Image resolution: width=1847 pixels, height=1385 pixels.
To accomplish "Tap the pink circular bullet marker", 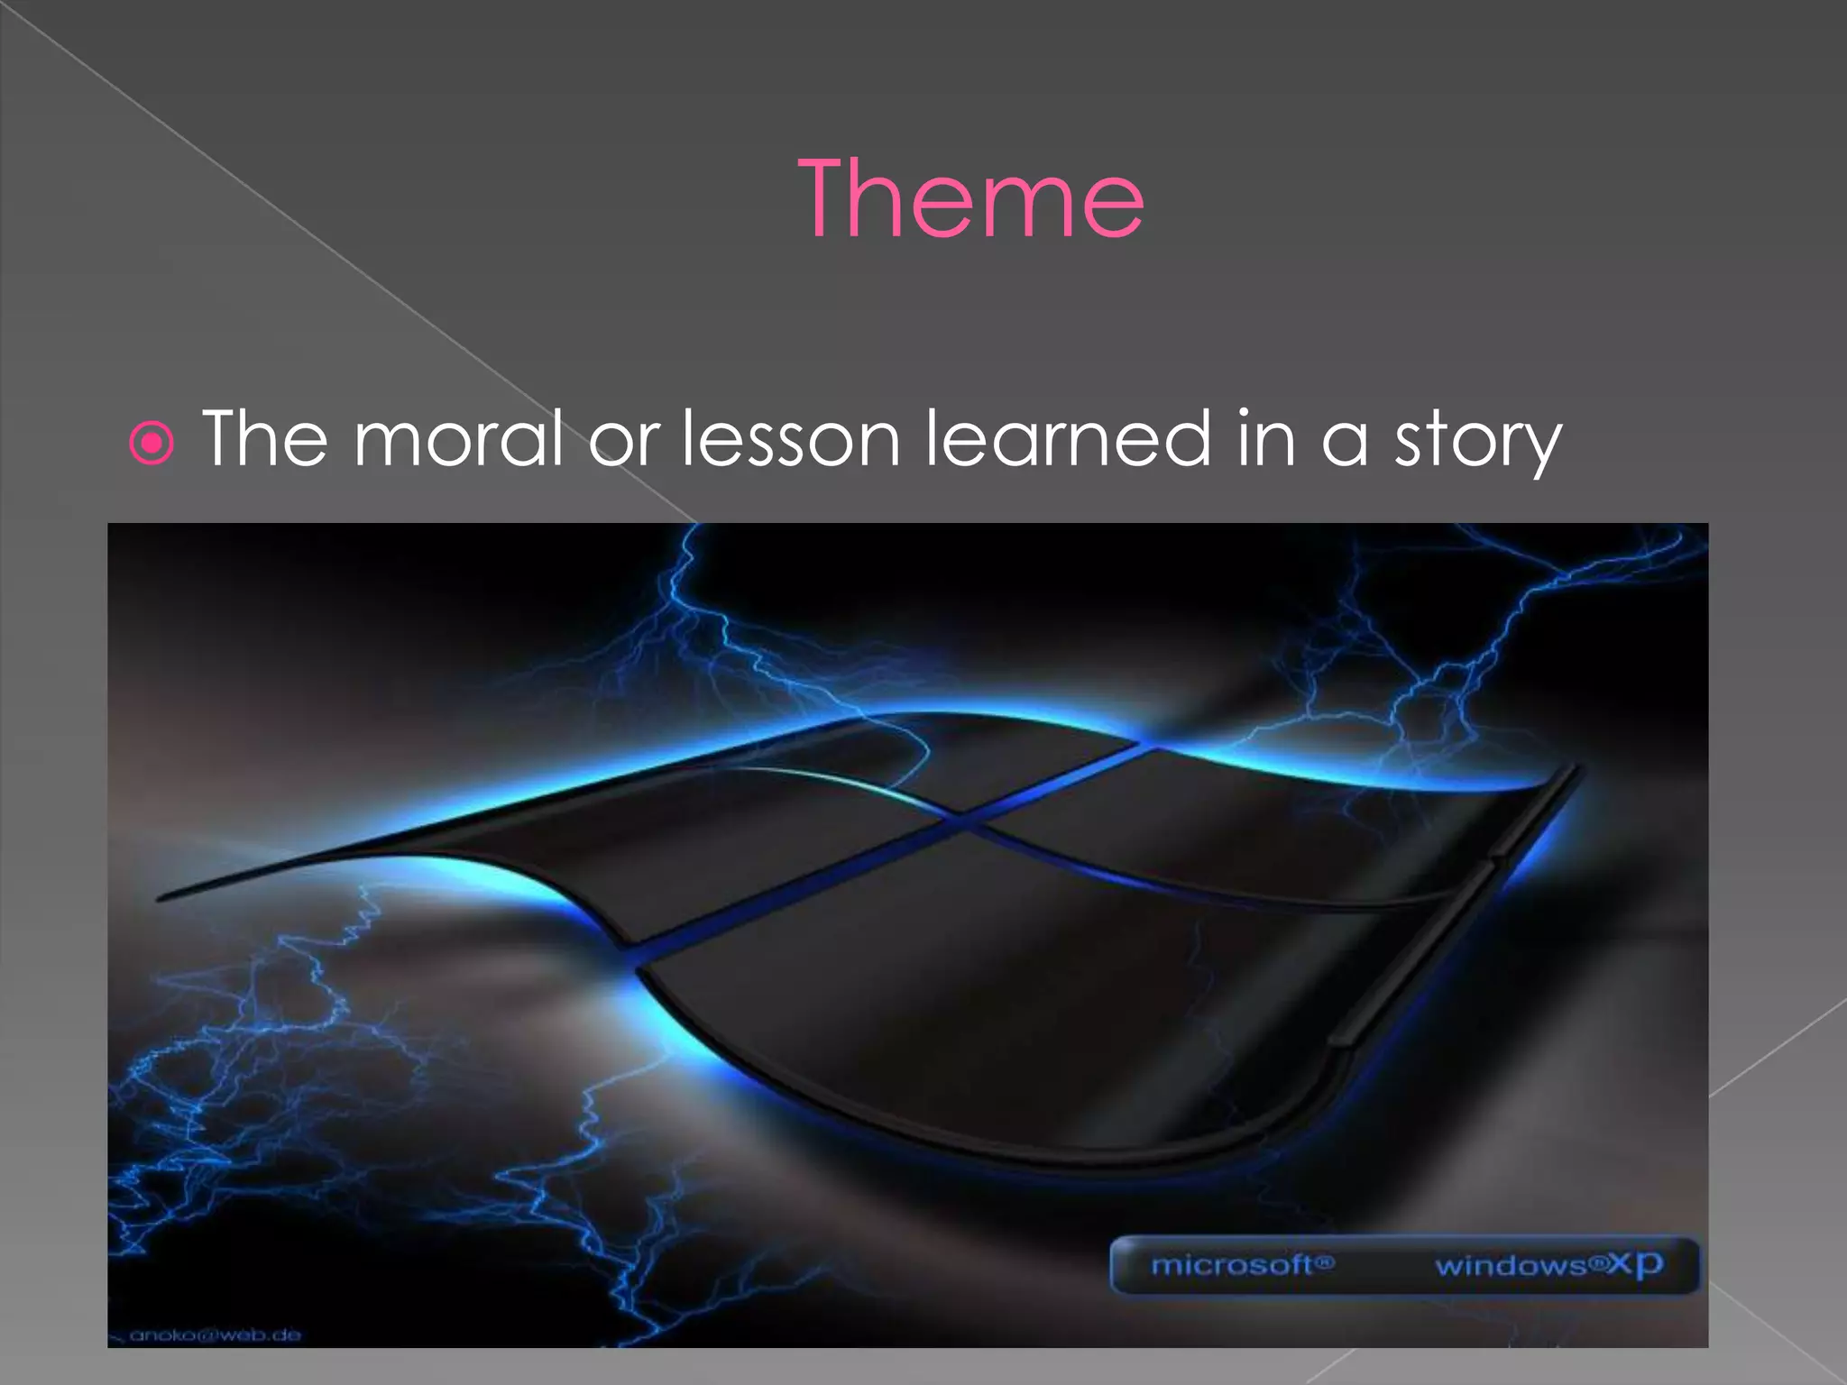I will [x=152, y=443].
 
